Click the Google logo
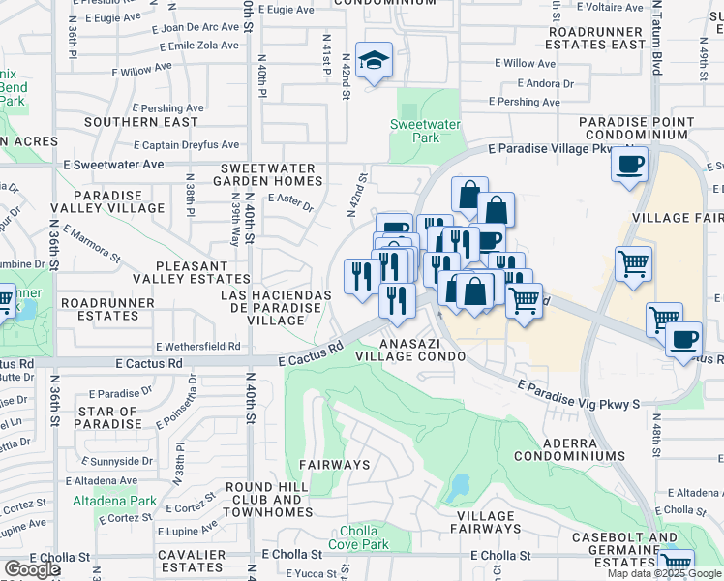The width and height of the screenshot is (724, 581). coord(32,569)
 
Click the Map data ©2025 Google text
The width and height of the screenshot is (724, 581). coord(664,573)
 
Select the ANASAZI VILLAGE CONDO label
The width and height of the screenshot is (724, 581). coord(409,350)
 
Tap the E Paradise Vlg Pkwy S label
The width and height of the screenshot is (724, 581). coord(579,392)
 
